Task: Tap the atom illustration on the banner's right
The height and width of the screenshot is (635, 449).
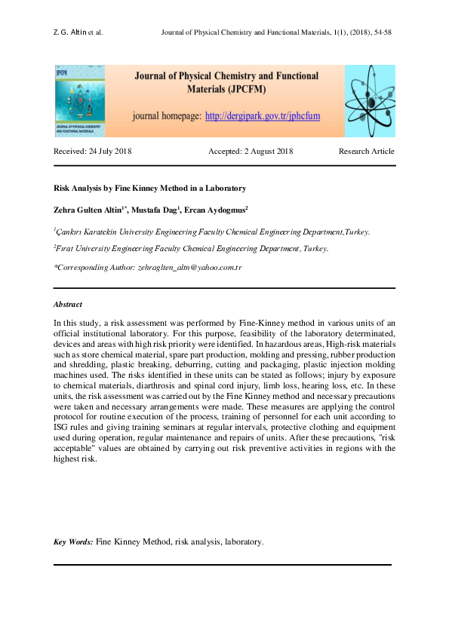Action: pos(370,100)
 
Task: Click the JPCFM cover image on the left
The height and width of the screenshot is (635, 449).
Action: pos(79,100)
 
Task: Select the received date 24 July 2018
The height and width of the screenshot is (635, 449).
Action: pos(93,152)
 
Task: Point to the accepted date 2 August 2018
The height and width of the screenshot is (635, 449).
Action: pos(250,152)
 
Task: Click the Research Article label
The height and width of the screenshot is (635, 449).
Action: pos(366,152)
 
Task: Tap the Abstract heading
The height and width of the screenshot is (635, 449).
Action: pos(68,305)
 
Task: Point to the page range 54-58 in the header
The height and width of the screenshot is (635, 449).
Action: pos(380,33)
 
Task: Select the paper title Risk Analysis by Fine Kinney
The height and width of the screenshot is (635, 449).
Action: pos(149,188)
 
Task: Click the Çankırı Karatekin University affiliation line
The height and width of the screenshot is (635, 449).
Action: pos(211,232)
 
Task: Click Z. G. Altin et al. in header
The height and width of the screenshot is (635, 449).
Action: pos(78,33)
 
